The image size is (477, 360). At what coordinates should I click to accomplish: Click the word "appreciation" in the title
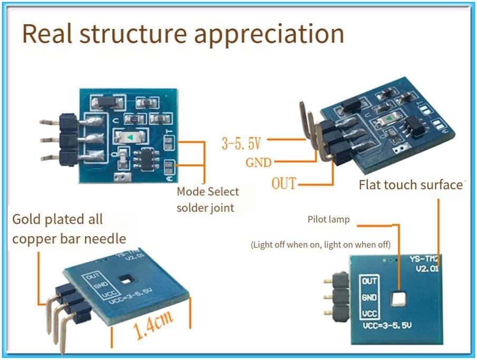[x=269, y=34]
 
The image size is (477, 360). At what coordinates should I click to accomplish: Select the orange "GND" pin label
[x=258, y=162]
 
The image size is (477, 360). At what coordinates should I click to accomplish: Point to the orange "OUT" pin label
[x=284, y=184]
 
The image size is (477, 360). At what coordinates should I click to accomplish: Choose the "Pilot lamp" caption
[x=328, y=219]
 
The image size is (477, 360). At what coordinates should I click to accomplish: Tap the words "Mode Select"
[x=208, y=192]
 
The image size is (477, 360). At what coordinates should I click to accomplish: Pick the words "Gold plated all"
[x=57, y=219]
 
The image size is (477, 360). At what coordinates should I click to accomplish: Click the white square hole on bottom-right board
[x=398, y=299]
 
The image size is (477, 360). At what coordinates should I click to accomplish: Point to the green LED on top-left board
[x=130, y=137]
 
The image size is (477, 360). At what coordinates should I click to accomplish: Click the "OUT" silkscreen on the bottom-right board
[x=369, y=281]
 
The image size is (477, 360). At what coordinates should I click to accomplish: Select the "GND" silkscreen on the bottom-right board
[x=369, y=298]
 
